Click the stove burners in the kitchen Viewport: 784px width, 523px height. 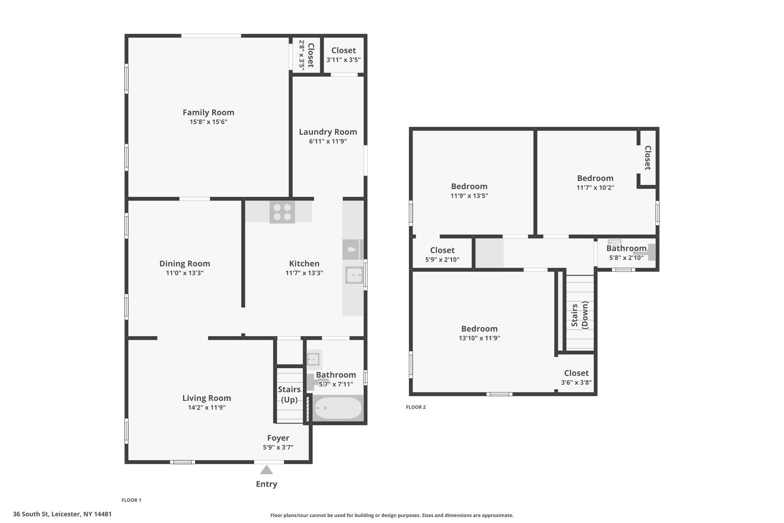[282, 212]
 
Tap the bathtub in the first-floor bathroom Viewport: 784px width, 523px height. [338, 408]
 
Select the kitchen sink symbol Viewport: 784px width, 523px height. [354, 275]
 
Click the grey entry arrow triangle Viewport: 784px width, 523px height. [266, 470]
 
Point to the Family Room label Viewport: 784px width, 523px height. [208, 112]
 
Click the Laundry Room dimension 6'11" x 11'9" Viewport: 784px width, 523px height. [328, 141]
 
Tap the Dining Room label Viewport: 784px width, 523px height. [185, 264]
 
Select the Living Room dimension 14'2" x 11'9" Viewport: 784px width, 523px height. [207, 408]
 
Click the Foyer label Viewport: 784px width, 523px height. [278, 438]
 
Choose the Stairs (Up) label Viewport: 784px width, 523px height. [289, 395]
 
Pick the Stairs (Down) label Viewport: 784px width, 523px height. [580, 315]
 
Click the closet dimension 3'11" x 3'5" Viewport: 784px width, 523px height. [344, 60]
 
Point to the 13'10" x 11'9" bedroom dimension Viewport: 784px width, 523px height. [480, 338]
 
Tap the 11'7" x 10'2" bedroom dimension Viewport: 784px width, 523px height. [596, 188]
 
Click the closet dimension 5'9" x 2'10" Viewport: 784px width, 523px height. [443, 260]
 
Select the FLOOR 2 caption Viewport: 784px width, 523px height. [416, 407]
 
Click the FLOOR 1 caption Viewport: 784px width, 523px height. [131, 500]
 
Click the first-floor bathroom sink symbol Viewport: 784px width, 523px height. [314, 359]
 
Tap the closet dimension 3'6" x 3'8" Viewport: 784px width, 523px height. [577, 382]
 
